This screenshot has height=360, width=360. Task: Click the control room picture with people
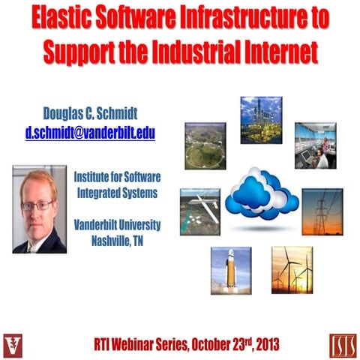(x=314, y=145)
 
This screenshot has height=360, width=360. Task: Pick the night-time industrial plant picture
(x=261, y=119)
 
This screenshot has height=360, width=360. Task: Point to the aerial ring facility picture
(x=205, y=145)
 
